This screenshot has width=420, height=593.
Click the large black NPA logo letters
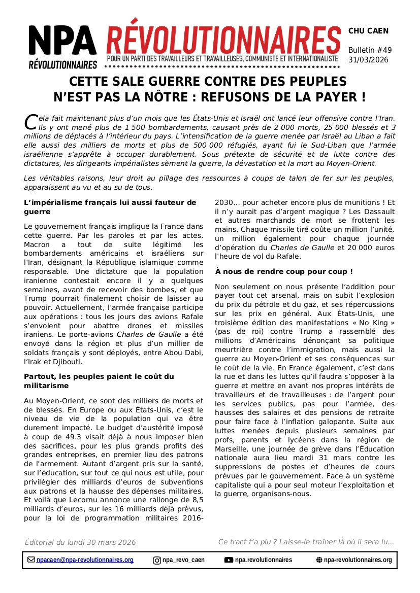(62, 42)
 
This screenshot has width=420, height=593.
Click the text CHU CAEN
(368, 31)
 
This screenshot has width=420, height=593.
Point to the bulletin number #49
(382, 50)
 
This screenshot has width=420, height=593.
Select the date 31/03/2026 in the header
(368, 60)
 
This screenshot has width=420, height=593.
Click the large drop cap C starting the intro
(30, 121)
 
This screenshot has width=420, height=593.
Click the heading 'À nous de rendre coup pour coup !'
(283, 272)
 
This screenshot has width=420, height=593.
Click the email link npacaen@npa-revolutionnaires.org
(85, 560)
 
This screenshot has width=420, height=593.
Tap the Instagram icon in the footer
(157, 561)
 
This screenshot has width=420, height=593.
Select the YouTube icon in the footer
(229, 560)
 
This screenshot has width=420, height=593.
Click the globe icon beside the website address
(319, 560)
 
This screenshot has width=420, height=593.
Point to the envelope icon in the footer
(31, 560)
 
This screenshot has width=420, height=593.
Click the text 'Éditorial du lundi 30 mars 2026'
(80, 542)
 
